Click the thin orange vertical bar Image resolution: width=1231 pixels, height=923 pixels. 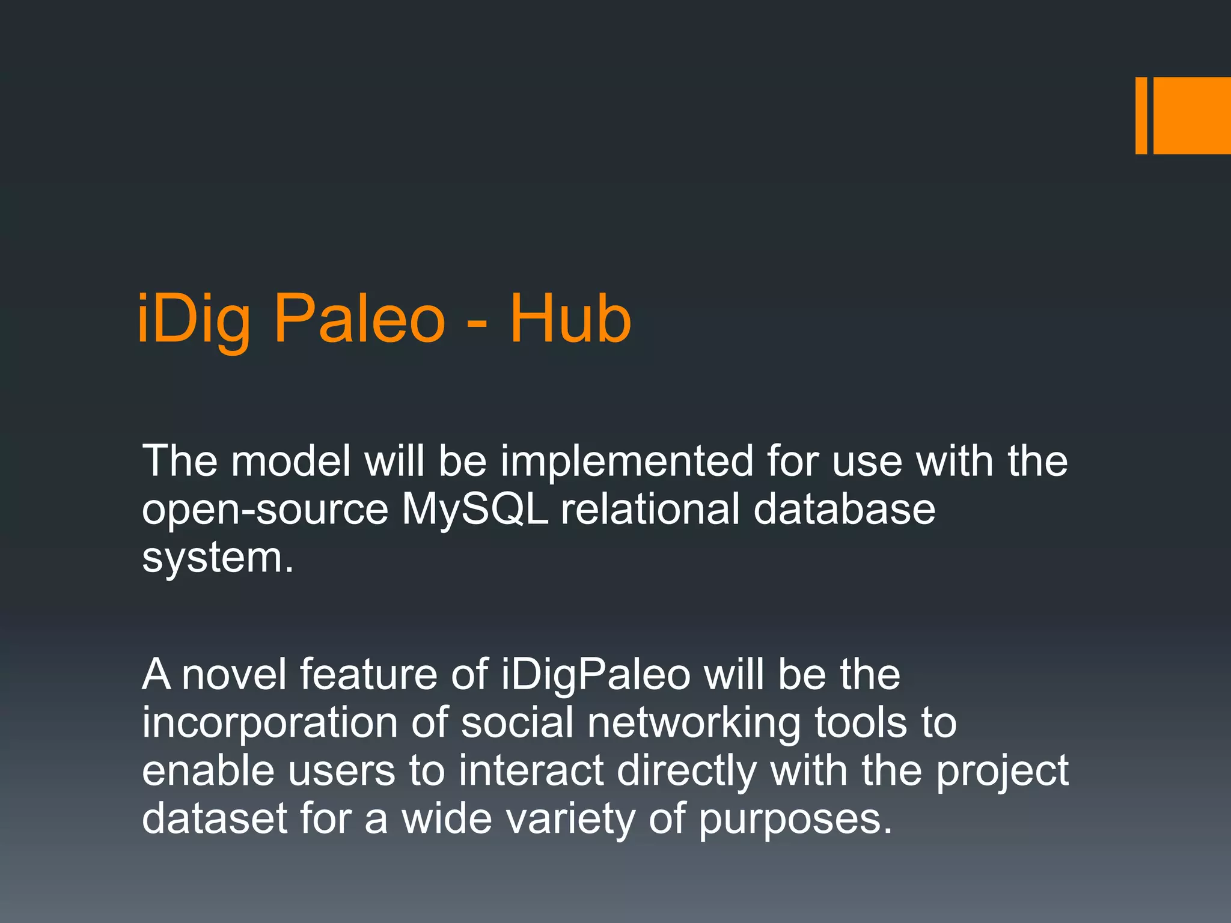[x=1141, y=115]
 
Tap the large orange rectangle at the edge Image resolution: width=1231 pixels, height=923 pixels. [x=1192, y=115]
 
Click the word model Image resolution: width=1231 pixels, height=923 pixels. [x=291, y=461]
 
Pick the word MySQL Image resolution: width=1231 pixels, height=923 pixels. [x=475, y=510]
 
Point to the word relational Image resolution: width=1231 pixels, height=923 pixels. [x=650, y=510]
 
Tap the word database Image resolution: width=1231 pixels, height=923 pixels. [x=844, y=510]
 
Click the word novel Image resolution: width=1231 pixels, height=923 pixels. [x=234, y=674]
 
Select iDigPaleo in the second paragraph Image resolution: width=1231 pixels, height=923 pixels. [x=596, y=675]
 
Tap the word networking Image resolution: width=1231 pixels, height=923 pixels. [x=694, y=723]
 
